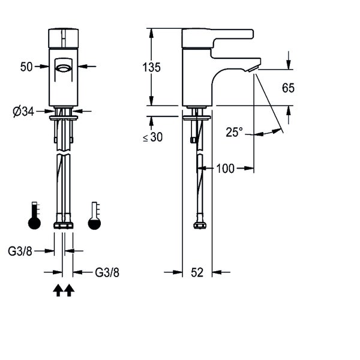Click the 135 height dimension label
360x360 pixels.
click(x=151, y=67)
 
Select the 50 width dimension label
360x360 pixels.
click(x=26, y=67)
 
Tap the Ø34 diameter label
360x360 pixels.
click(x=23, y=112)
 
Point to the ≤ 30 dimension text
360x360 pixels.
click(x=152, y=137)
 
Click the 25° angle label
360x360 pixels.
click(x=234, y=132)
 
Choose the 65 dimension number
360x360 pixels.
click(x=288, y=88)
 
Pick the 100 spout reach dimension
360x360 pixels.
click(x=225, y=169)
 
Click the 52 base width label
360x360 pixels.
click(x=197, y=272)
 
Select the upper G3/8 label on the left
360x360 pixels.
click(x=20, y=251)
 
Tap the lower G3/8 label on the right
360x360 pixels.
click(x=107, y=272)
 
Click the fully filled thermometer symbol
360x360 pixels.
click(x=34, y=215)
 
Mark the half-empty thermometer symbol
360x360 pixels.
click(x=94, y=215)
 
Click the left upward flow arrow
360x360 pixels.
click(x=58, y=290)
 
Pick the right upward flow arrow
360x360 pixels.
click(x=69, y=290)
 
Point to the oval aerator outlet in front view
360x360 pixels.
click(x=64, y=68)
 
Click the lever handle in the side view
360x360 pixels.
click(x=218, y=38)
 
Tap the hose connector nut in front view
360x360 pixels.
click(x=64, y=225)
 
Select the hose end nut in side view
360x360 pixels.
click(x=200, y=225)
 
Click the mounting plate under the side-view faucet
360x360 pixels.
click(x=197, y=118)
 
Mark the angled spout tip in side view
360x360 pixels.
click(x=254, y=68)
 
